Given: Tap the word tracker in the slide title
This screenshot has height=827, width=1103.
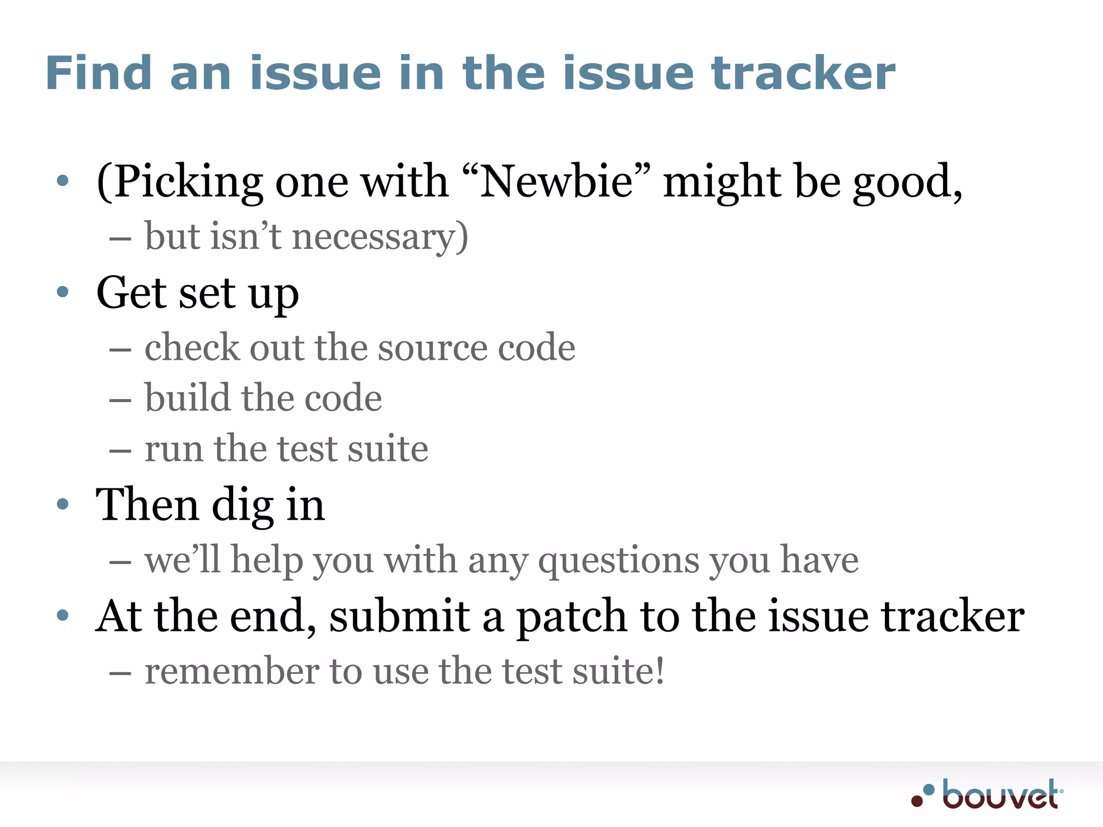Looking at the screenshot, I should click(802, 73).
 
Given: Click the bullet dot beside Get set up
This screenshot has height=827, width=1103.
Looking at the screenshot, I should click(63, 292).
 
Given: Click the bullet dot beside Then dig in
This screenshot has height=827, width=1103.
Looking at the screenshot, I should click(63, 504).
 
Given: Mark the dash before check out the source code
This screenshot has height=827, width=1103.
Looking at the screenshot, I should click(120, 350).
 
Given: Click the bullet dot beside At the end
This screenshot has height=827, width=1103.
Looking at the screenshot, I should click(63, 615).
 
